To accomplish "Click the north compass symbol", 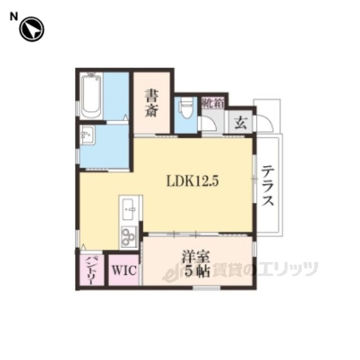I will [31, 30].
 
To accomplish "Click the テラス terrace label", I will [268, 185].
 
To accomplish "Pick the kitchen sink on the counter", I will [129, 210].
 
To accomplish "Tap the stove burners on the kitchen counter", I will [129, 235].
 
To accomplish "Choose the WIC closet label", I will [124, 270].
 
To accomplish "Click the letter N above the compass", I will [13, 17].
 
